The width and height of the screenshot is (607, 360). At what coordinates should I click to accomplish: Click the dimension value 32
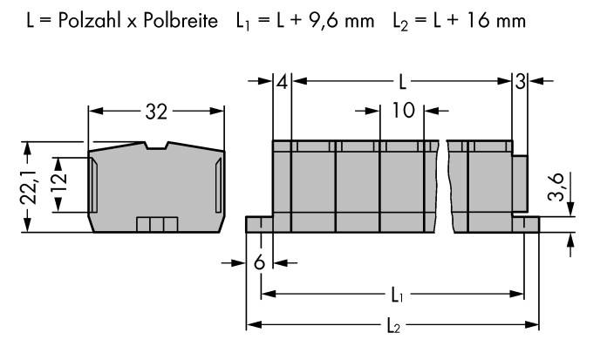(157, 112)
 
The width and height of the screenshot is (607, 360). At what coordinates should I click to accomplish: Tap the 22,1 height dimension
(28, 187)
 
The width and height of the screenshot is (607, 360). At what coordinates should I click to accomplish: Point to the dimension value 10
(404, 112)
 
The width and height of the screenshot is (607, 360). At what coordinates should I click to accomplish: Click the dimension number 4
(282, 83)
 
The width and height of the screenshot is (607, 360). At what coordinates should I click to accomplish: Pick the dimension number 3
(519, 83)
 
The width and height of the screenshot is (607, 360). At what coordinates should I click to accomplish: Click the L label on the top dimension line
(400, 83)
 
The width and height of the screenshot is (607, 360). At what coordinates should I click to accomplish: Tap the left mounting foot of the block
(260, 225)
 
